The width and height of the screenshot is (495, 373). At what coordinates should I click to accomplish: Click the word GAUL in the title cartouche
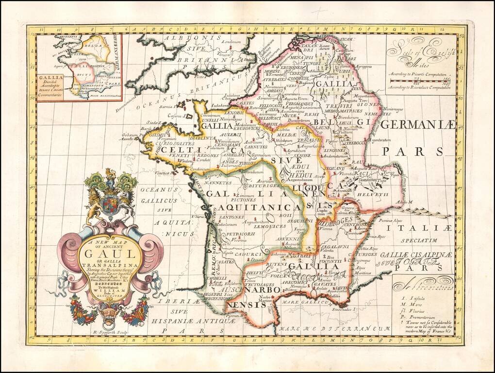point(110,253)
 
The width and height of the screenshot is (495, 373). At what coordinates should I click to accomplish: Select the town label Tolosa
point(237,280)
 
